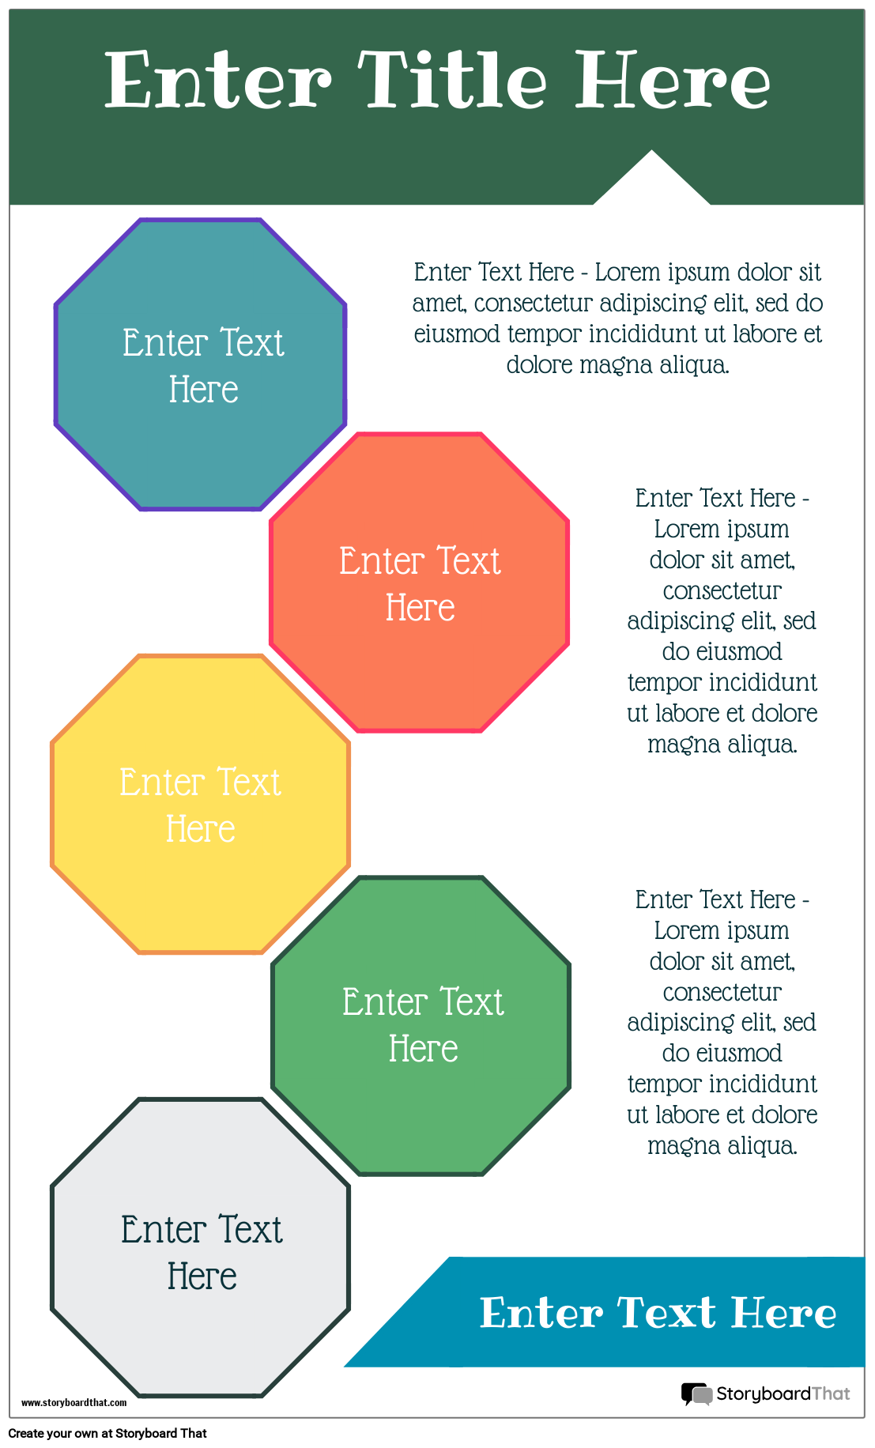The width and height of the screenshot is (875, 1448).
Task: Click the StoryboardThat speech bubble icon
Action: [x=696, y=1394]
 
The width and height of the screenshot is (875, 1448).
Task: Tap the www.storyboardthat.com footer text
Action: [x=74, y=1402]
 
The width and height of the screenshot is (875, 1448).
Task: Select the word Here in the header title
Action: [x=672, y=80]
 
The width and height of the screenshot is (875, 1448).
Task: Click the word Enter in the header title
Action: [x=218, y=80]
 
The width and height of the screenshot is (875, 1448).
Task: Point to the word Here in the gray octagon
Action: [x=202, y=1276]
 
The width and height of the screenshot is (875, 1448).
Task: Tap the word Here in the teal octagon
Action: [x=204, y=390]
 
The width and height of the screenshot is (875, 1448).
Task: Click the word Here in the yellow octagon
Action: [x=201, y=829]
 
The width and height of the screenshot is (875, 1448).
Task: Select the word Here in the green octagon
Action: [x=424, y=1049]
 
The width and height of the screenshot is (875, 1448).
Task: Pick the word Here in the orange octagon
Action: [x=421, y=608]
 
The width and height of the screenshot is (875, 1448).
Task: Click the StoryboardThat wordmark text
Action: [x=783, y=1393]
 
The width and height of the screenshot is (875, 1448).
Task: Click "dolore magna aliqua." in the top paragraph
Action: [x=617, y=364]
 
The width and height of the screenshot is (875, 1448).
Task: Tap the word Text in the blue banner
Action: [x=666, y=1313]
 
